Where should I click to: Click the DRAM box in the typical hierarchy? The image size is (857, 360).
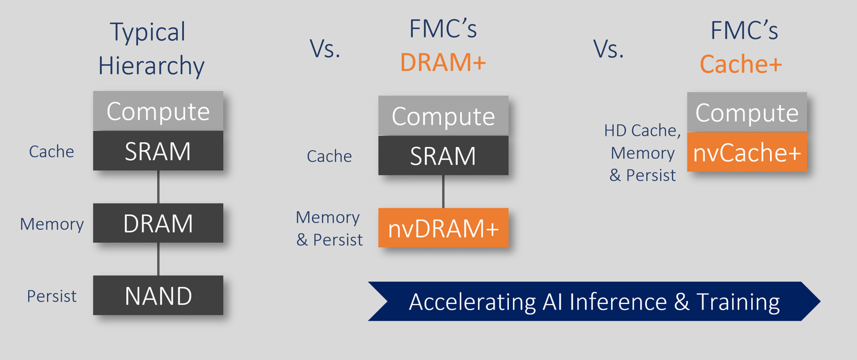[x=158, y=223]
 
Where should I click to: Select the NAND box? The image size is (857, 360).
[x=158, y=295]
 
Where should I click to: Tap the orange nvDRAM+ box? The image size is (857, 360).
[x=443, y=228]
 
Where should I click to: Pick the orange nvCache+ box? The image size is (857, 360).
[x=747, y=152]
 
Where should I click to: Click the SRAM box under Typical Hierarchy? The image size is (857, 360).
[x=158, y=151]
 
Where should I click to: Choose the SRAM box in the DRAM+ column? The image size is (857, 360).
[x=443, y=155]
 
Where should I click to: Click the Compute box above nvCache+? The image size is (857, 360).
[x=747, y=112]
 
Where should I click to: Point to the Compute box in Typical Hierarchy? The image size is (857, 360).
[x=158, y=111]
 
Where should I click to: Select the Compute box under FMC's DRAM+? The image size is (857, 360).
[x=443, y=116]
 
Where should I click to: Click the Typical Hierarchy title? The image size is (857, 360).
[x=151, y=49]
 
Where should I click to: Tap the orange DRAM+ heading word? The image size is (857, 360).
[x=443, y=62]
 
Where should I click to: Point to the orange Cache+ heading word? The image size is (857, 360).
[x=741, y=64]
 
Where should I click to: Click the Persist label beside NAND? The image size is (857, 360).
[x=52, y=296]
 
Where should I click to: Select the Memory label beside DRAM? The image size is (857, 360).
[x=52, y=224]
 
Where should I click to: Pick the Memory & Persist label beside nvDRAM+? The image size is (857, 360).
[x=329, y=228]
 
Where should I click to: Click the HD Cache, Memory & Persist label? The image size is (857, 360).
[x=643, y=153]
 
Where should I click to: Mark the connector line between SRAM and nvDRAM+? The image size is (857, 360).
[x=443, y=191]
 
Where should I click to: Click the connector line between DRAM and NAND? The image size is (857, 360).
[x=158, y=259]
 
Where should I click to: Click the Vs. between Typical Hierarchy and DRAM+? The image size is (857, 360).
[x=325, y=49]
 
